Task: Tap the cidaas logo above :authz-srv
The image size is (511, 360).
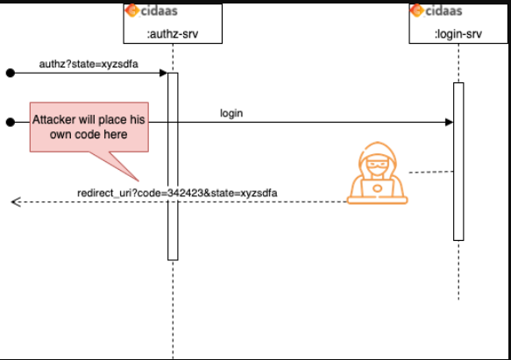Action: [x=154, y=11]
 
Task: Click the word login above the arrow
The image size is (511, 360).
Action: [x=231, y=113]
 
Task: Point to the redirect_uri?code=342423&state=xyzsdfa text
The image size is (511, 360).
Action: [x=178, y=192]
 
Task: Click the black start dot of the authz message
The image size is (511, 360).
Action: [x=11, y=74]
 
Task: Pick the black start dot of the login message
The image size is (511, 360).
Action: [x=11, y=123]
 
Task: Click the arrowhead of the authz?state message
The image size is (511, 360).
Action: [x=163, y=74]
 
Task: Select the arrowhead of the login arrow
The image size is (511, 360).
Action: [x=449, y=123]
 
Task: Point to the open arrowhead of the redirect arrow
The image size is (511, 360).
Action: [x=15, y=202]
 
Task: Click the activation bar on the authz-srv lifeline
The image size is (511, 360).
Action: [x=173, y=166]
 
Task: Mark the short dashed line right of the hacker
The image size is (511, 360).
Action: [x=429, y=172]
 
